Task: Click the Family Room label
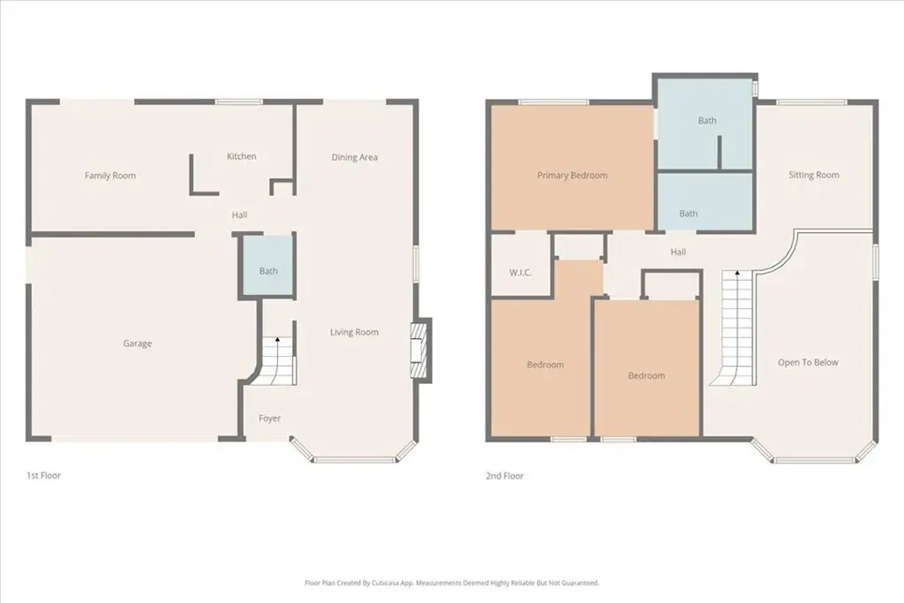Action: [110, 176]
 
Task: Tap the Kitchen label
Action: [242, 156]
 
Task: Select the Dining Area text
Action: [355, 157]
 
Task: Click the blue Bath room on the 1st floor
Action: [268, 267]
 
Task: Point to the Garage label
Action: [137, 343]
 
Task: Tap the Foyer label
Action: [269, 418]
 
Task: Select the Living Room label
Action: [354, 332]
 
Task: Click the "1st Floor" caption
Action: [44, 476]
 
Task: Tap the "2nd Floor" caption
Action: [505, 476]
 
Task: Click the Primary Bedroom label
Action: [572, 176]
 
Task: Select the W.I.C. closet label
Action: [521, 272]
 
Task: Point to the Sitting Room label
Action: [814, 175]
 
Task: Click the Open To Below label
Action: [809, 362]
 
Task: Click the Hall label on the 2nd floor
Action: [679, 252]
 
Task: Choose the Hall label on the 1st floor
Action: [239, 215]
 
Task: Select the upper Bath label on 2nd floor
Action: [707, 120]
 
